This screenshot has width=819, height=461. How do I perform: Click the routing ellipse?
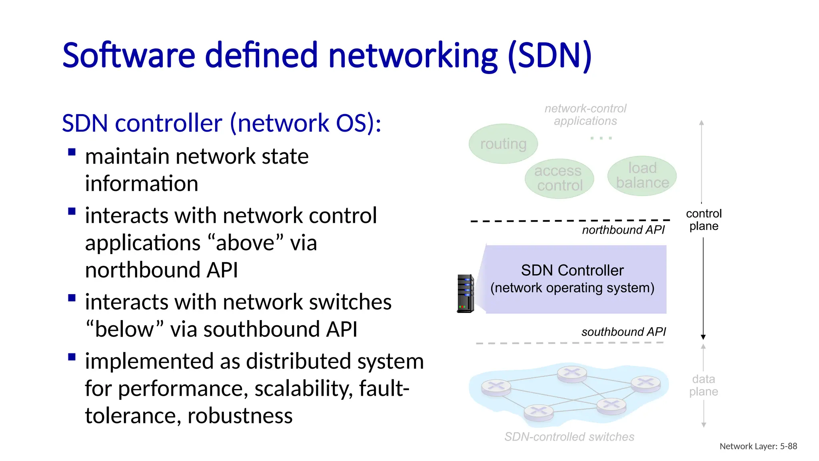503,144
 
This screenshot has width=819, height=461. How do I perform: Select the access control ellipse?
559,178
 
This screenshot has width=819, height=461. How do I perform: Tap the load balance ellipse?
642,176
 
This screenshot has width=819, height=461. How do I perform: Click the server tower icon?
465,294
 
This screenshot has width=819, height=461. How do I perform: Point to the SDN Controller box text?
572,279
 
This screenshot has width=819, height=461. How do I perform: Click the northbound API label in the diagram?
623,230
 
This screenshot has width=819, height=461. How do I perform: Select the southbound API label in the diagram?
623,332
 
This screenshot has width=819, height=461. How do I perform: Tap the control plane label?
704,220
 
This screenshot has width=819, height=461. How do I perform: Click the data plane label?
703,385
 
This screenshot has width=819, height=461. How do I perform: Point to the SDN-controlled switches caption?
569,437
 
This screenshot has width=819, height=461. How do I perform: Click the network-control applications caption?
585,115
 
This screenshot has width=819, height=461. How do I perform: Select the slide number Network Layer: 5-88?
758,446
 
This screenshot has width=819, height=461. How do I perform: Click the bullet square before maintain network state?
72,152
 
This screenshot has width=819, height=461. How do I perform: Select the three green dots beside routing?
601,138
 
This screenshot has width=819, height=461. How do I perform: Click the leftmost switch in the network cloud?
496,387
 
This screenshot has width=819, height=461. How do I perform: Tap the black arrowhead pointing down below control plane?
703,337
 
